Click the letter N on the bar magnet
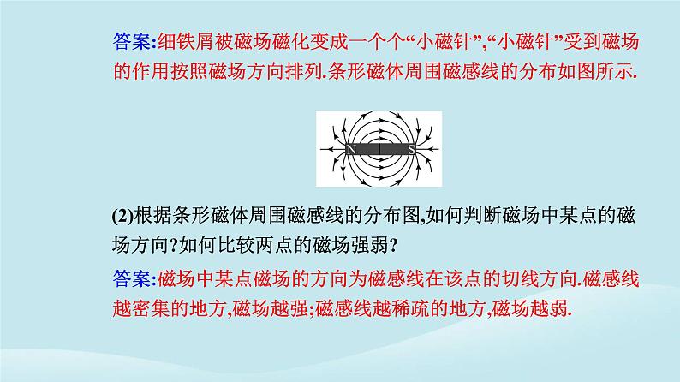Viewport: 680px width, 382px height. pos(351,150)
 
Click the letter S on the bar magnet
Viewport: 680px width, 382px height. pos(411,150)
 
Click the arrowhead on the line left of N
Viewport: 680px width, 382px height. pos(329,150)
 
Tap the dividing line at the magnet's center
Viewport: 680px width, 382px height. pos(381,150)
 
